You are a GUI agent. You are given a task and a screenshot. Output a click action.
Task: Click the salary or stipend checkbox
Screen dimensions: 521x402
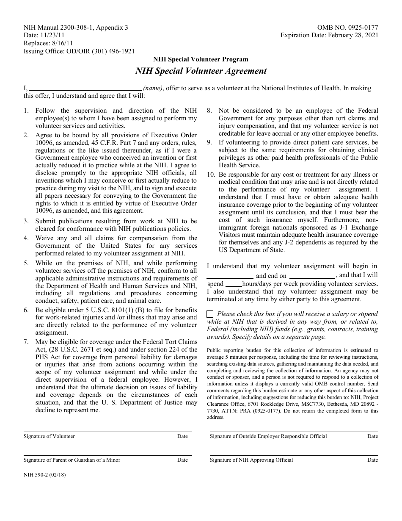(210, 314)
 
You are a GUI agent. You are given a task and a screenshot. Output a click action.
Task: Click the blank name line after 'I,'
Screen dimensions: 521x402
(85, 89)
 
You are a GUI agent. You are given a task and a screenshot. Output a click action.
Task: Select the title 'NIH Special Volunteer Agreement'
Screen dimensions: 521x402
(201, 71)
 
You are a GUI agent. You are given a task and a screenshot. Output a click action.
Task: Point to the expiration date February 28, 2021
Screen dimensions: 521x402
(352, 36)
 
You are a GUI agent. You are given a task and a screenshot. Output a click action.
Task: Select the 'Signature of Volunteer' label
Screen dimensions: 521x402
(49, 436)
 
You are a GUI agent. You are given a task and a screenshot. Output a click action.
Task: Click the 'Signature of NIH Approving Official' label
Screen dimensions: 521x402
(251, 460)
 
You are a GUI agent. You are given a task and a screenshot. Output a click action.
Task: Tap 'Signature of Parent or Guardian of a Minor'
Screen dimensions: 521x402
(72, 460)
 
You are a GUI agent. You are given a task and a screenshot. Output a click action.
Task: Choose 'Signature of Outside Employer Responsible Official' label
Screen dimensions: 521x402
(268, 436)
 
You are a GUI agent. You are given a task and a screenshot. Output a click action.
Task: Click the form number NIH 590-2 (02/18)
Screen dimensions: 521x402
(45, 475)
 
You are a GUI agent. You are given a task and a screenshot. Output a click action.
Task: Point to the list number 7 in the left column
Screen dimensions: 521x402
(26, 342)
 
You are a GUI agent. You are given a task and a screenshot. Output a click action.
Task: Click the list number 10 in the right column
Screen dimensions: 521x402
(211, 175)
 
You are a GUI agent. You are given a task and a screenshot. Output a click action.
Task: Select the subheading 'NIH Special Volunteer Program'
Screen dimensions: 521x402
(201, 59)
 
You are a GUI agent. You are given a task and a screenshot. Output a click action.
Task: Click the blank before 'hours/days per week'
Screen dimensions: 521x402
(234, 284)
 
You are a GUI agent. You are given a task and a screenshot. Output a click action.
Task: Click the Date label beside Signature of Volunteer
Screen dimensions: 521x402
(182, 436)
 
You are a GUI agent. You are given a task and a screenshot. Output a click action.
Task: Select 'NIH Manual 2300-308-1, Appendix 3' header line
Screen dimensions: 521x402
(76, 28)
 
